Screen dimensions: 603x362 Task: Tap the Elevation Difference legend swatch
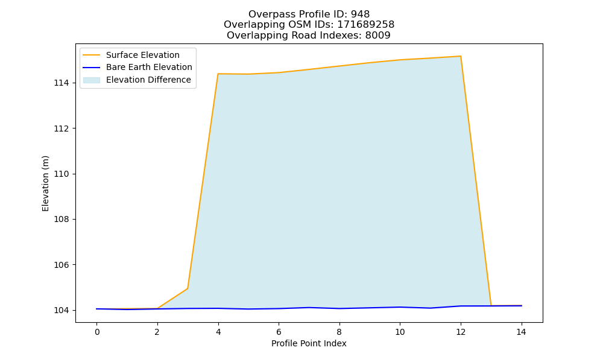(x=92, y=80)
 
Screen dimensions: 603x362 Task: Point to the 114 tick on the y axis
(x=62, y=83)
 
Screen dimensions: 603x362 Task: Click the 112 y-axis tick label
(x=62, y=129)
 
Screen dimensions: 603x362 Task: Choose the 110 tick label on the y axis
(x=62, y=174)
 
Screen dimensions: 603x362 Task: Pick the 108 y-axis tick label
(x=62, y=219)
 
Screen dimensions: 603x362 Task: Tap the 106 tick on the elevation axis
(x=62, y=265)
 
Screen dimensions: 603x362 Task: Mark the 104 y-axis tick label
(x=62, y=310)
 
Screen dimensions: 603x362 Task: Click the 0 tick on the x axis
(x=97, y=332)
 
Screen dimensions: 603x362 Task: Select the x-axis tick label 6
(x=279, y=332)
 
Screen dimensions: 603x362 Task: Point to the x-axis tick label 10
(x=400, y=332)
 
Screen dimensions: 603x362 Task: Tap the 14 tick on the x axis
(x=521, y=332)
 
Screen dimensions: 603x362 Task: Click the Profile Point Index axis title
(x=309, y=343)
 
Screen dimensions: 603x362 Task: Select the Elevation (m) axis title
(x=45, y=183)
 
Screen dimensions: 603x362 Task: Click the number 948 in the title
(x=360, y=14)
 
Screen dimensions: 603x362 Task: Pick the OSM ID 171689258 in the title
(x=366, y=25)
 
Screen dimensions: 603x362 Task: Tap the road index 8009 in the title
(x=377, y=36)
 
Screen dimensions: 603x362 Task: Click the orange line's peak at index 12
(x=460, y=56)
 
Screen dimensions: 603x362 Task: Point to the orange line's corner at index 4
(x=218, y=74)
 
